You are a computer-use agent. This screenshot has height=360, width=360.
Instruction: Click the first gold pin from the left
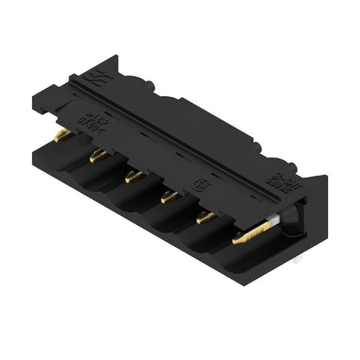61,135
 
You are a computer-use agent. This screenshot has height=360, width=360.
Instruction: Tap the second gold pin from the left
99,156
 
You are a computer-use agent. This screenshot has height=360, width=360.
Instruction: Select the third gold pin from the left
134,177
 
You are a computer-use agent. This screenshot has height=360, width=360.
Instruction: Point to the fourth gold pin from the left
170,197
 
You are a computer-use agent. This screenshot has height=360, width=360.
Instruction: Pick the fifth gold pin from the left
206,217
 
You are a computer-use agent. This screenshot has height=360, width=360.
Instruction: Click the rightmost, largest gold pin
251,231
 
